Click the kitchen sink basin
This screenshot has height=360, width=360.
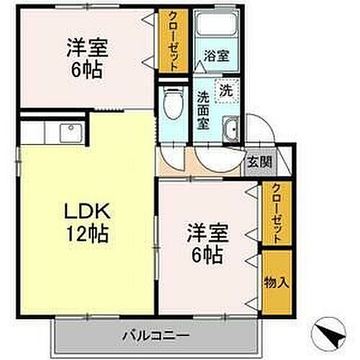(x=71, y=134)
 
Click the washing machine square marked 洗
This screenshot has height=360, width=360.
(x=227, y=92)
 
